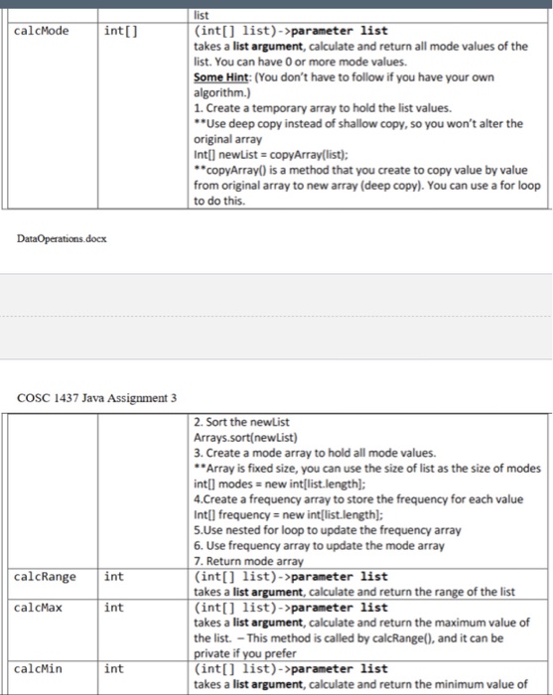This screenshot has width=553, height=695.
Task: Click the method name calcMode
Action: pyautogui.click(x=42, y=31)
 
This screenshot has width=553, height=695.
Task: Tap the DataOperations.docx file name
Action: pyautogui.click(x=61, y=239)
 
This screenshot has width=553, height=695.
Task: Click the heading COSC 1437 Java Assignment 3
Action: pyautogui.click(x=97, y=399)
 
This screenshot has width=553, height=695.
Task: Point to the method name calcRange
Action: pyautogui.click(x=46, y=576)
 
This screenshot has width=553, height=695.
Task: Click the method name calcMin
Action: pyautogui.click(x=40, y=668)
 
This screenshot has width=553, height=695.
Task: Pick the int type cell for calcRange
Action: pyautogui.click(x=114, y=576)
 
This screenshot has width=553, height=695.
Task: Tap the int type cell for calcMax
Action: pyautogui.click(x=114, y=607)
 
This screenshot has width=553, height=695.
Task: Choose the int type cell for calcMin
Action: pyautogui.click(x=114, y=668)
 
